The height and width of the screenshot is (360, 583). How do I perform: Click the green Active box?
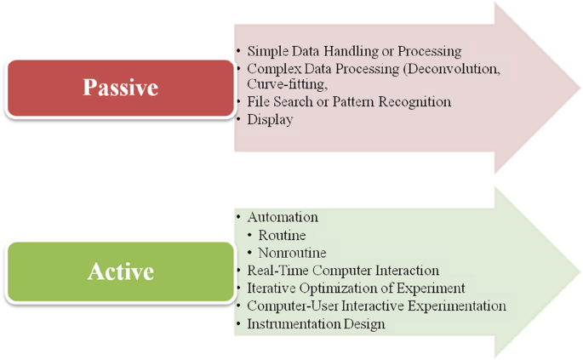120,271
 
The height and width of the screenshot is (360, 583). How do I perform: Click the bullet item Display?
270,120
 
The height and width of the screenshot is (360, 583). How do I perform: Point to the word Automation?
283,217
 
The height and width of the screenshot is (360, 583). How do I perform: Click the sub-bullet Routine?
283,235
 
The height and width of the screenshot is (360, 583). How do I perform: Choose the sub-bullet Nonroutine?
292,253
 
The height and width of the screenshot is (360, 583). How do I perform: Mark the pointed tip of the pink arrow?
579,88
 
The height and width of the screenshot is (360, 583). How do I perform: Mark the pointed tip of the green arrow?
579,271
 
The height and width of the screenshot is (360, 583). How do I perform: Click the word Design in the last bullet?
364,324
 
